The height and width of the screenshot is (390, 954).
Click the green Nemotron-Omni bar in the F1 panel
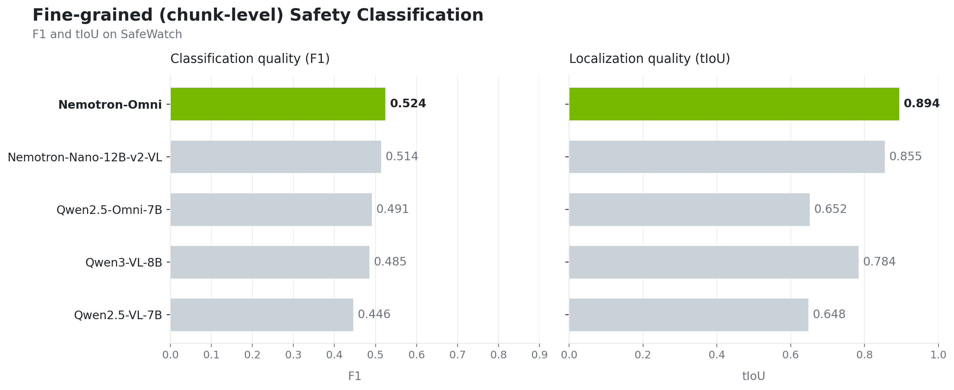278,104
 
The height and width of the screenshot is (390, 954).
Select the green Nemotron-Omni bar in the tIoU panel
734,104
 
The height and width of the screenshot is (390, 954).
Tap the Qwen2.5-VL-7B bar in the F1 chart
262,315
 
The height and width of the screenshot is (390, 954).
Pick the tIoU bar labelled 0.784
714,262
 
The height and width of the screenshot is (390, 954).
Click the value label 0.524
408,104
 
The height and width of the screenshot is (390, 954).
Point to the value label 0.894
922,104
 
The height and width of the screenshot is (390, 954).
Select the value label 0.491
392,209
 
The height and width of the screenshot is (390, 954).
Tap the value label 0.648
829,315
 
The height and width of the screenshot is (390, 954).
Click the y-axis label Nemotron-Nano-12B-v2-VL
85,158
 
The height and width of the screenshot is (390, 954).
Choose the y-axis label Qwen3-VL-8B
124,263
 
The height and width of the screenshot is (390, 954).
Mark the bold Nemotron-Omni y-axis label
110,105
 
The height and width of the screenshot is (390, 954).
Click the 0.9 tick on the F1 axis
539,355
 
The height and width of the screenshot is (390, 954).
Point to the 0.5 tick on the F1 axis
375,355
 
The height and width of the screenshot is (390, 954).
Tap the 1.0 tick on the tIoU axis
938,355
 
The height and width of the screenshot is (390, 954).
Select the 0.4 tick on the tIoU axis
716,355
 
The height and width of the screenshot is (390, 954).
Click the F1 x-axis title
354,376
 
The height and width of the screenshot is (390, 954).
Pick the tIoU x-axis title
754,376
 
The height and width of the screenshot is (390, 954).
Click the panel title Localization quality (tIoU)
650,59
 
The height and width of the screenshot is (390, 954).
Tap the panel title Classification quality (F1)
250,59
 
